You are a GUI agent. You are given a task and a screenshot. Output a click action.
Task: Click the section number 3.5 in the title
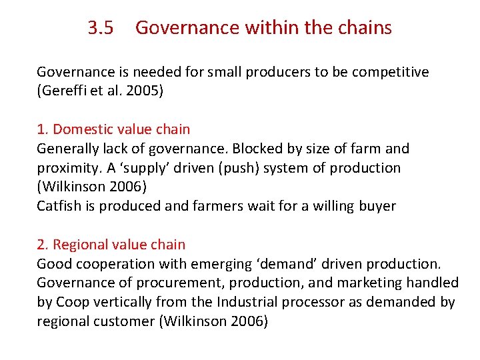pos(101,28)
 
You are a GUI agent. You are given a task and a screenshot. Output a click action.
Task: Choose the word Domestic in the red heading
pos(81,129)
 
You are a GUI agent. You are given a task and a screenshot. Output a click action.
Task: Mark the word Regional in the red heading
pos(79,245)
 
